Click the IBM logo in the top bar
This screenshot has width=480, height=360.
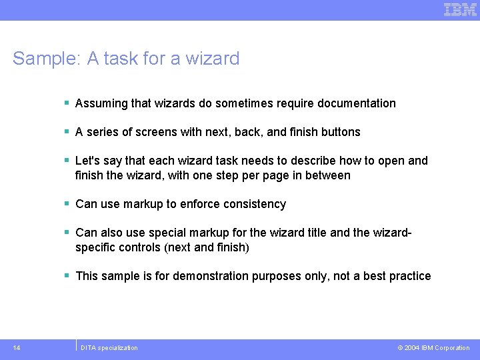(x=460, y=9)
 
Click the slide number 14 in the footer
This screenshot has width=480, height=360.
(x=16, y=347)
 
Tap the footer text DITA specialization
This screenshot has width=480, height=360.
(x=109, y=347)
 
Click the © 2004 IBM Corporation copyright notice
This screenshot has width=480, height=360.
(x=433, y=347)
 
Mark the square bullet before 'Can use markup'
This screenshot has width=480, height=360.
(x=67, y=204)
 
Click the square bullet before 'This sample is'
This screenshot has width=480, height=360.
(x=67, y=276)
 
